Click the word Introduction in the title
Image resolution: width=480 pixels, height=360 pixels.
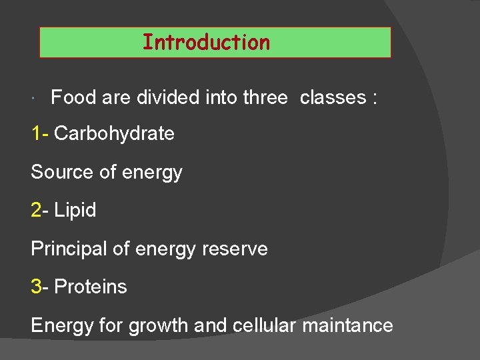click(206, 43)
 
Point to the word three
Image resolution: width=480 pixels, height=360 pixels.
click(265, 98)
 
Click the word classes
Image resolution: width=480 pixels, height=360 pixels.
click(333, 98)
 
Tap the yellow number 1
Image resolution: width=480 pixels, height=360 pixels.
click(36, 134)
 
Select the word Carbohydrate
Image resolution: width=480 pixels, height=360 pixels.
click(114, 134)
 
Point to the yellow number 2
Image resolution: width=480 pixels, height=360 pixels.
click(36, 211)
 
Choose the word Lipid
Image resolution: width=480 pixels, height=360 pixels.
click(75, 211)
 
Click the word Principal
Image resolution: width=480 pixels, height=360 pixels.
click(68, 249)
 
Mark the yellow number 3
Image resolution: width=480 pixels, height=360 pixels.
click(36, 287)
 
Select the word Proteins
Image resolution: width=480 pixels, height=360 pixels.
click(91, 287)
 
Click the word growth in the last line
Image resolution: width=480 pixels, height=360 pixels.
click(159, 326)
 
